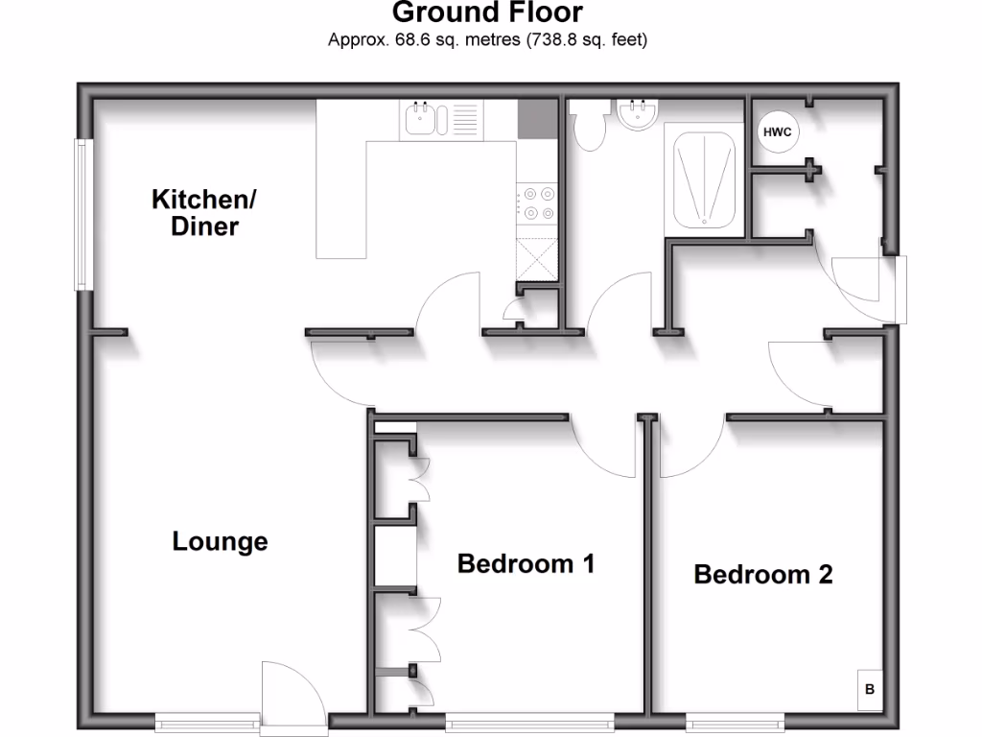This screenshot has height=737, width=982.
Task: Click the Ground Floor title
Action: click(488, 13)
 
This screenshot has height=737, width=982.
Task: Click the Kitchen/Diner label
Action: click(204, 213)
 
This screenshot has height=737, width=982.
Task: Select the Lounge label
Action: click(220, 542)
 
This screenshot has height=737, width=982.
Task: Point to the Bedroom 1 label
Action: click(526, 563)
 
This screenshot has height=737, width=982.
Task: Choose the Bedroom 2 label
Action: click(762, 575)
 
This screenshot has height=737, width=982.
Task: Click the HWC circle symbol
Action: click(777, 132)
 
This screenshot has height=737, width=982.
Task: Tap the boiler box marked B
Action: click(869, 689)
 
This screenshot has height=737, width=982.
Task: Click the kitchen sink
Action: click(427, 120)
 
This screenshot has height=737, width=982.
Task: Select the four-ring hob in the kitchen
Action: click(537, 203)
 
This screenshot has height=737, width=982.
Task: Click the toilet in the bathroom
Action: click(587, 125)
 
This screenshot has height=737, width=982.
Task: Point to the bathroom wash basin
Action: click(636, 115)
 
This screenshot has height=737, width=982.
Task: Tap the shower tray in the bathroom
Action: click(704, 179)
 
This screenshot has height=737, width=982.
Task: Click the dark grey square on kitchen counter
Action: click(536, 119)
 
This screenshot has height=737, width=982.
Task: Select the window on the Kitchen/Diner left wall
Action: click(83, 215)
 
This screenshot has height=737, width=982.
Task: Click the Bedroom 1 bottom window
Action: click(529, 721)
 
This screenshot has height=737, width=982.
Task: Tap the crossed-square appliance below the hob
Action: click(537, 256)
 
